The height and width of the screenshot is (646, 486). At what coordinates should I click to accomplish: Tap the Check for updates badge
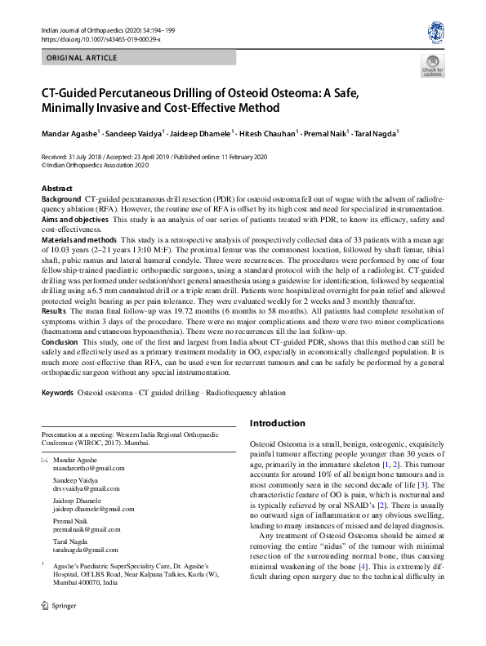pyautogui.click(x=432, y=66)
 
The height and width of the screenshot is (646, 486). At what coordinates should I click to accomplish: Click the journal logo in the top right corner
pyautogui.click(x=435, y=32)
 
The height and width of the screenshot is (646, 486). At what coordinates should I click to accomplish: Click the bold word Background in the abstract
pyautogui.click(x=61, y=198)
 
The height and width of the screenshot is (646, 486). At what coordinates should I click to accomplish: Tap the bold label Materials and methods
pyautogui.click(x=79, y=240)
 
